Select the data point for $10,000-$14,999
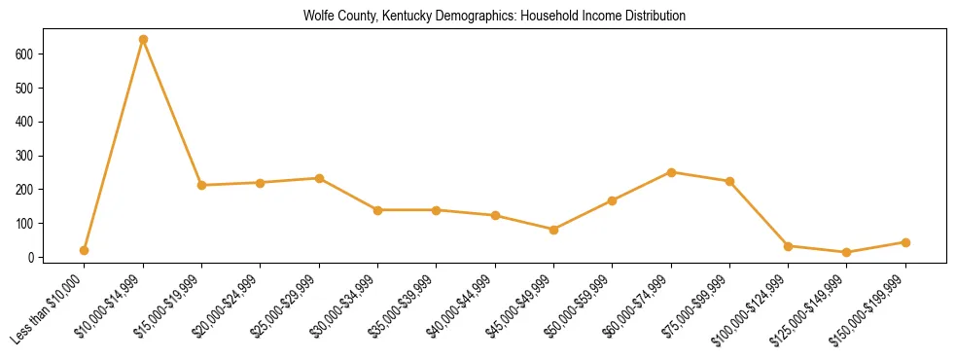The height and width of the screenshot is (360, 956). (x=143, y=39)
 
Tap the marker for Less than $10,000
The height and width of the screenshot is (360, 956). (x=85, y=250)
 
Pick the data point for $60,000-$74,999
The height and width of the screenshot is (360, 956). (x=671, y=172)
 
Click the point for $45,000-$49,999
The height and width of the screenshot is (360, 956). (x=553, y=230)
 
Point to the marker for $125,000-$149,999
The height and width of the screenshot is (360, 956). (x=847, y=253)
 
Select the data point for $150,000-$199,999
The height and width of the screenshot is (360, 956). (x=905, y=242)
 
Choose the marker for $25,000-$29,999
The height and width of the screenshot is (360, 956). (x=319, y=178)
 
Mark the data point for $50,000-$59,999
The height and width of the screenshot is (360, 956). (x=612, y=200)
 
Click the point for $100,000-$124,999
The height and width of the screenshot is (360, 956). (x=788, y=246)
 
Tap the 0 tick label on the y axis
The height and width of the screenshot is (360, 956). (x=32, y=257)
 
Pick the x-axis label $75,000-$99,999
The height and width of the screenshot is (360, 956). (x=693, y=306)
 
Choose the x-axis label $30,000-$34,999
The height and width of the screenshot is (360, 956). (x=342, y=306)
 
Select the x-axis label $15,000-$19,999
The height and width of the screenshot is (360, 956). (x=166, y=306)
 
